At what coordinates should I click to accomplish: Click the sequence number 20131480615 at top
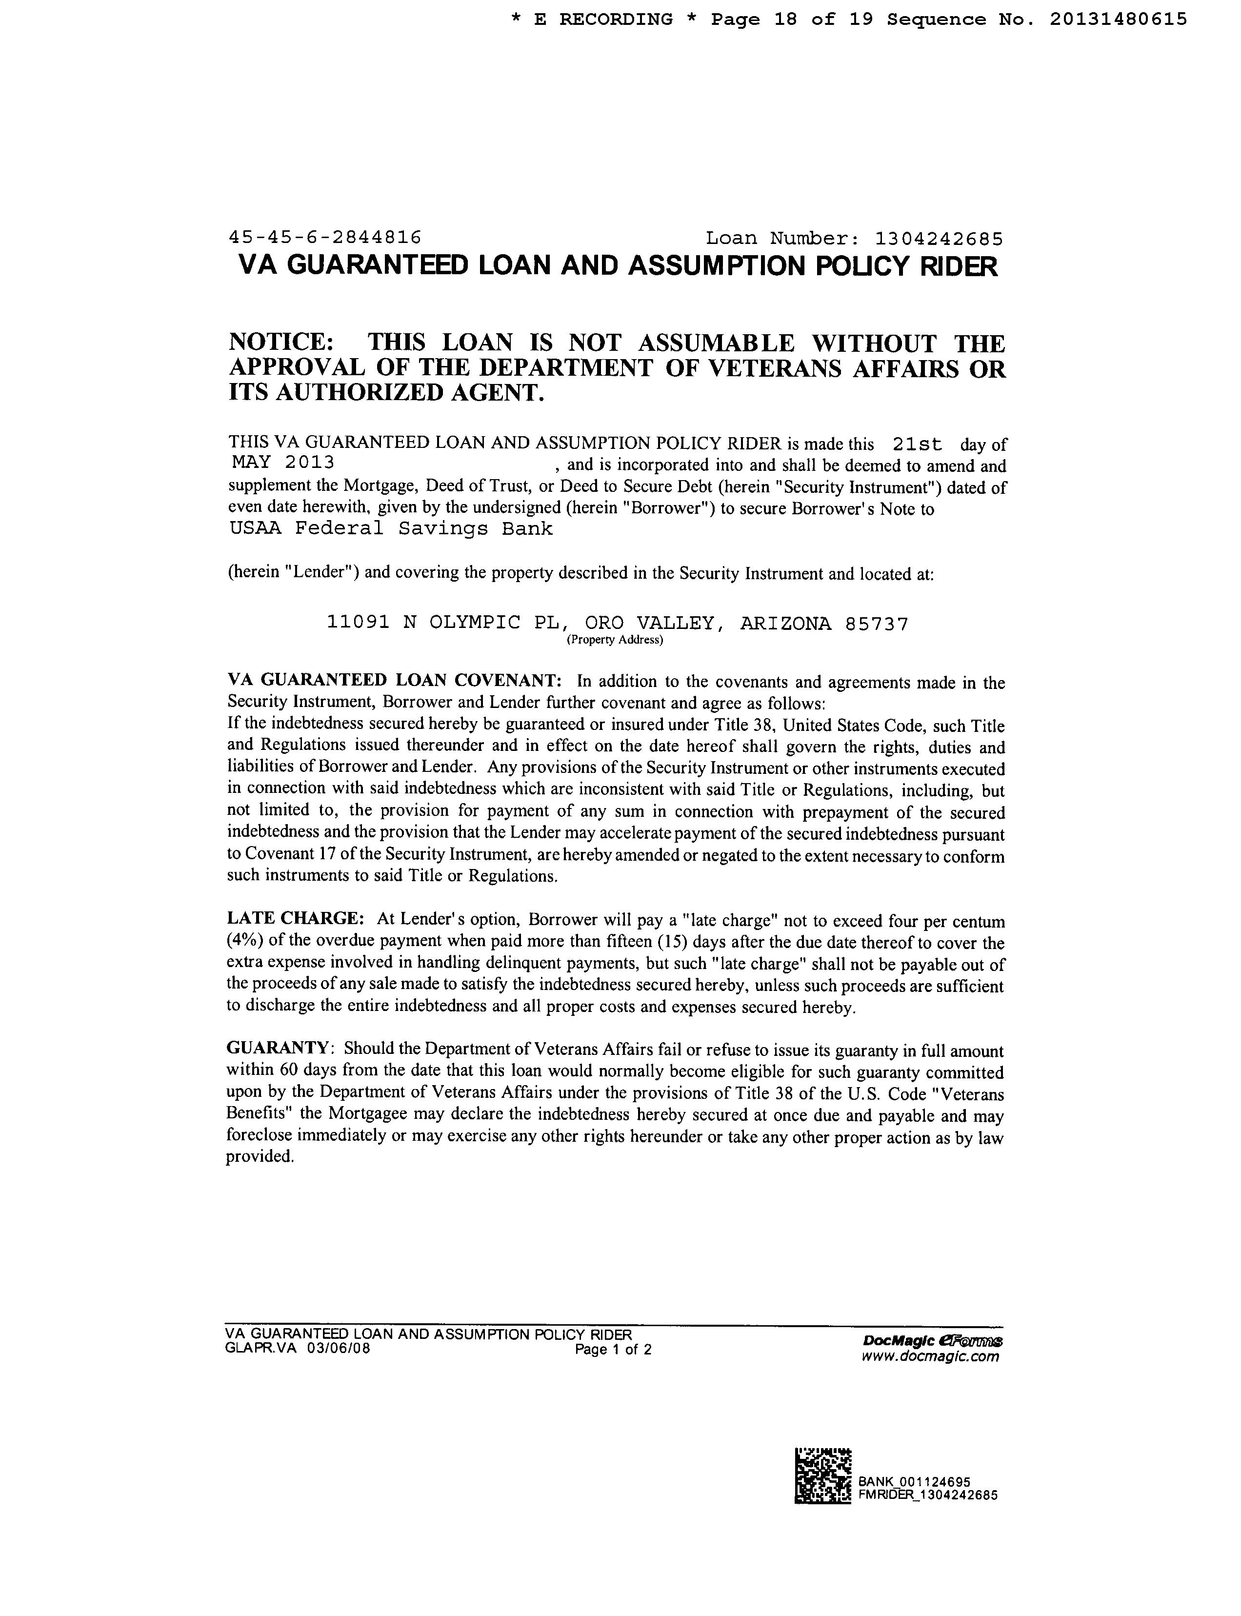tap(1118, 19)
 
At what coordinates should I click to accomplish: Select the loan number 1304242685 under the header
tap(939, 238)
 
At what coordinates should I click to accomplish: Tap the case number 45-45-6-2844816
tap(325, 237)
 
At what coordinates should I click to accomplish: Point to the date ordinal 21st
tap(918, 444)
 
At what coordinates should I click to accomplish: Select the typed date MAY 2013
tap(283, 463)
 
